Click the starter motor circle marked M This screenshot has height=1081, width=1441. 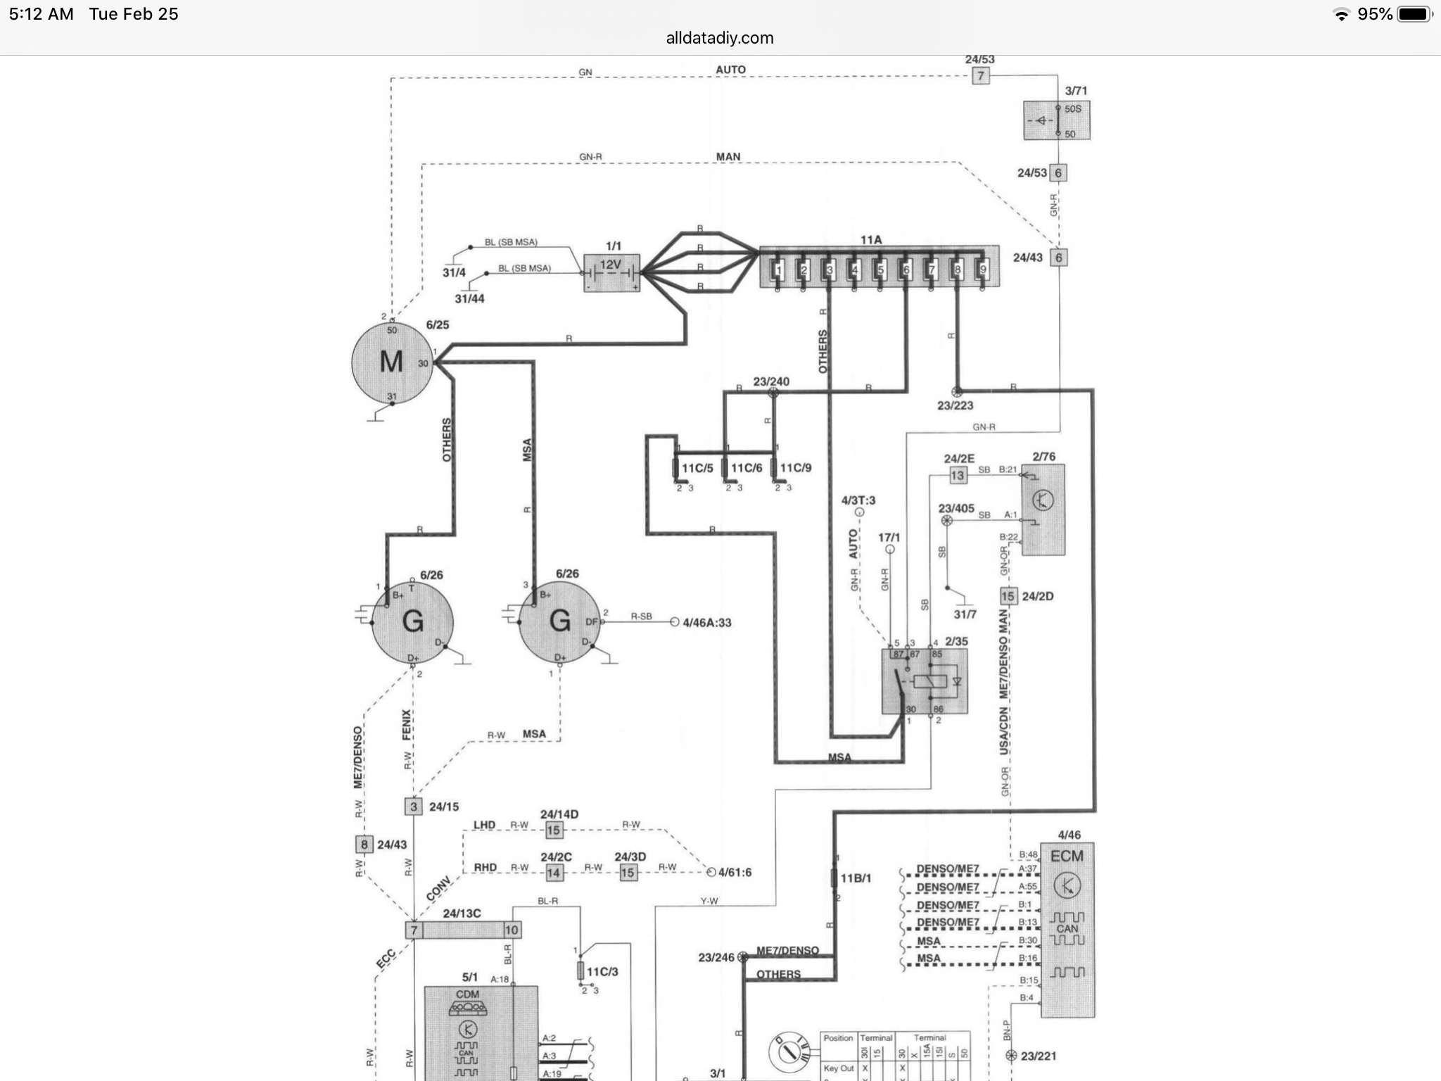392,362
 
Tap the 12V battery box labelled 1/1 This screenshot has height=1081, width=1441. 612,273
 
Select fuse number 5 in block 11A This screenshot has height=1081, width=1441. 880,269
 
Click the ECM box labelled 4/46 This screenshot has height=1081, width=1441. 1067,929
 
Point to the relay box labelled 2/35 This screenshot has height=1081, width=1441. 924,681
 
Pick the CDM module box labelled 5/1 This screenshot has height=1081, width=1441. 481,1031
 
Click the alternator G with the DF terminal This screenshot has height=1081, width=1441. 559,621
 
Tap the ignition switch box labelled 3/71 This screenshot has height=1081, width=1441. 1056,120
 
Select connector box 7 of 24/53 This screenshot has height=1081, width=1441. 980,76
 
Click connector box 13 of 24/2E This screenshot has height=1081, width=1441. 958,476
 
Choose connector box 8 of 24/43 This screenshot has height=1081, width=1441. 364,845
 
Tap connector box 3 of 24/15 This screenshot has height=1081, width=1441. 414,807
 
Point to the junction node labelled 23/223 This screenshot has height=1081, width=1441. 956,391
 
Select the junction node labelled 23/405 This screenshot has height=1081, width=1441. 947,521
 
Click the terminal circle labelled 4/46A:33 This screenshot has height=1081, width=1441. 675,622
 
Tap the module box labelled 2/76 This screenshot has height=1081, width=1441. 1043,510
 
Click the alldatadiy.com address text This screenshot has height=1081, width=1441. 719,38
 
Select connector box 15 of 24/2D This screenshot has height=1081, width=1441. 1008,597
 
